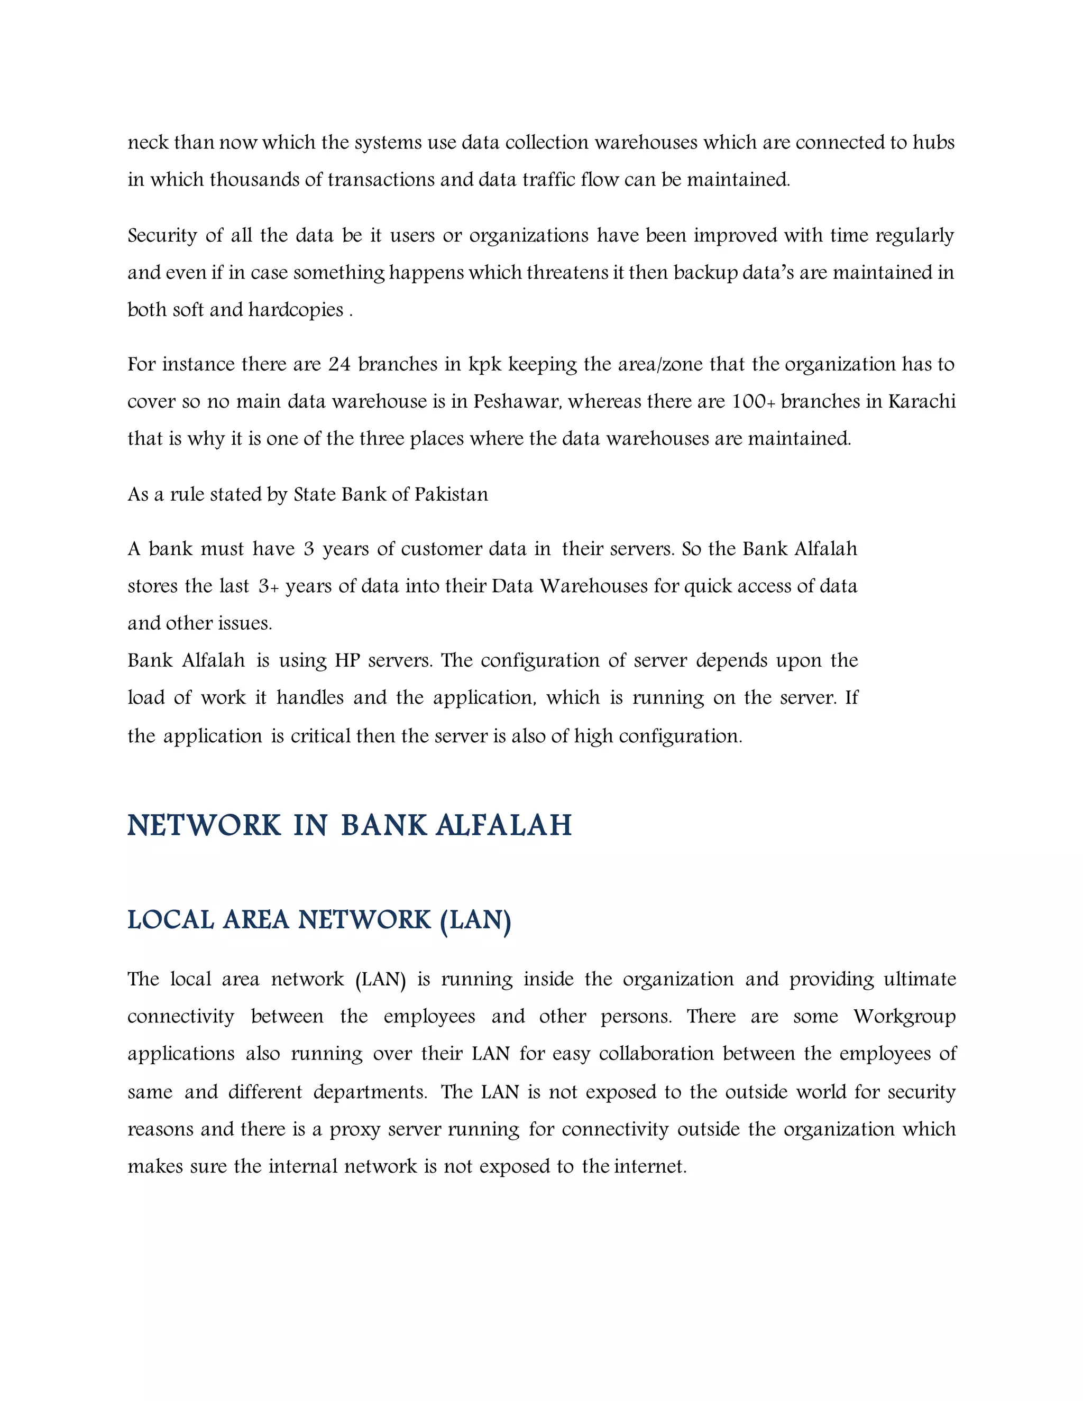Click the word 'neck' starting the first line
tap(148, 142)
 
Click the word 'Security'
tap(162, 235)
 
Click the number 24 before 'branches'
tap(339, 364)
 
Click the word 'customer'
tap(441, 549)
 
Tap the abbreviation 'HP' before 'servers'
tap(347, 661)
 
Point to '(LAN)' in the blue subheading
tap(475, 920)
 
